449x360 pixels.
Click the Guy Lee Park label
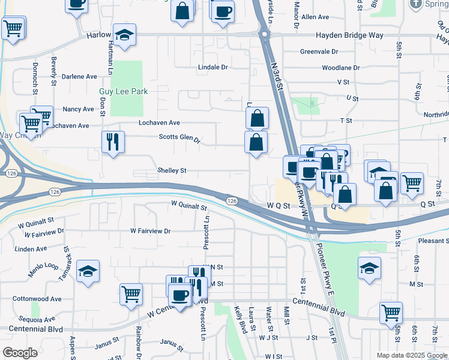tap(123, 92)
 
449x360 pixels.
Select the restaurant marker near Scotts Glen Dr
tap(113, 142)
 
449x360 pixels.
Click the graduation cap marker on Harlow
tap(125, 35)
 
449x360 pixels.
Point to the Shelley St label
tap(172, 170)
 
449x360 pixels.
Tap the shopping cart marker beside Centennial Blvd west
tap(131, 295)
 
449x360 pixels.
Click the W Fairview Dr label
tap(151, 230)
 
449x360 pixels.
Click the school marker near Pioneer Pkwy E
tap(369, 268)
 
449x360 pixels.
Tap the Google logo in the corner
tap(20, 353)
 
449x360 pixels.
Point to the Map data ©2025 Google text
tap(412, 355)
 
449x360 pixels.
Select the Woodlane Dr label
tap(340, 68)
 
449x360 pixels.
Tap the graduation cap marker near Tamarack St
tap(88, 272)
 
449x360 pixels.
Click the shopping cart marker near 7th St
tap(412, 183)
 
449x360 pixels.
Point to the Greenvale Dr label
tap(319, 52)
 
